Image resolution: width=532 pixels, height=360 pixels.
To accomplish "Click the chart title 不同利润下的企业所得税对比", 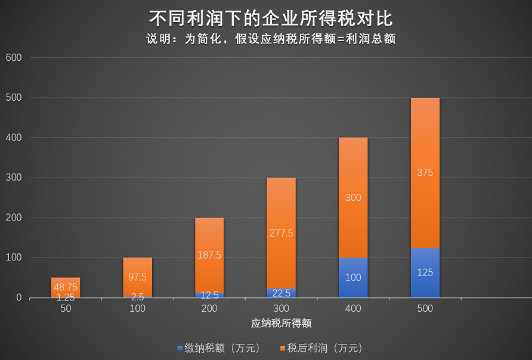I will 271,18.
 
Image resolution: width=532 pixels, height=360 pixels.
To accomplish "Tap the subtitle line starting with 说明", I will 271,39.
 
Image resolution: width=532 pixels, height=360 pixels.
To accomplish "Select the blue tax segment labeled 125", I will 425,272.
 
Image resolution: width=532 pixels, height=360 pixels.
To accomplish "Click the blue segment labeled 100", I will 353,277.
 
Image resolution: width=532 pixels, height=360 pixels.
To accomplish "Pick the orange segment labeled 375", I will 425,173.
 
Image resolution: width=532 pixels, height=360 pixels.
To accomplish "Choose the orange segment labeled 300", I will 353,197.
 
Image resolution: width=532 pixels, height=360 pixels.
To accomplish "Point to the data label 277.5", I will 281,233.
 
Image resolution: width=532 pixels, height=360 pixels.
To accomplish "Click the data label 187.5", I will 209,255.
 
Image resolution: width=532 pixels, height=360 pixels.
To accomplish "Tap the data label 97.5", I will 138,277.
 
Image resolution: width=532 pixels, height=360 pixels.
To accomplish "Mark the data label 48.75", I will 66,287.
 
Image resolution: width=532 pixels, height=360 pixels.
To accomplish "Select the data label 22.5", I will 281,293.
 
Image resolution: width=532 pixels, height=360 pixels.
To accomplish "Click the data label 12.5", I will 209,295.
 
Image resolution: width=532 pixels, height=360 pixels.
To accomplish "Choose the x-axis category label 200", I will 209,309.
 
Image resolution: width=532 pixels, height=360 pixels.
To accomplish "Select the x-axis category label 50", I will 66,309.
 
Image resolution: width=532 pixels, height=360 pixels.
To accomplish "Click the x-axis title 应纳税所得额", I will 281,324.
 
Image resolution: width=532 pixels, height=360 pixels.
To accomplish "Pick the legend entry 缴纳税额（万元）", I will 219,348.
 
